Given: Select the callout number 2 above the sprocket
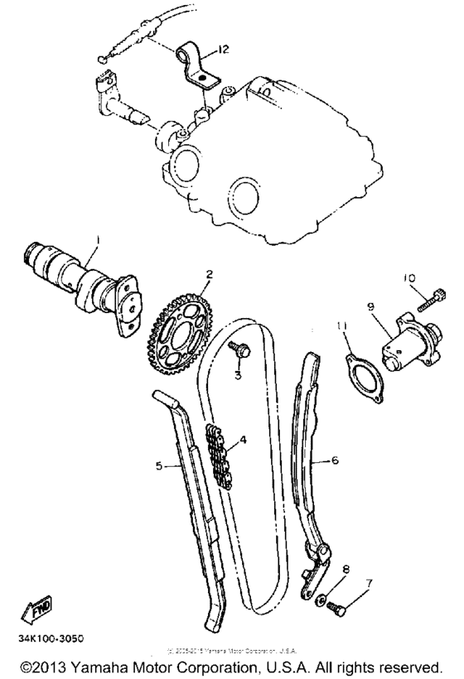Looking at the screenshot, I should [210, 274].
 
